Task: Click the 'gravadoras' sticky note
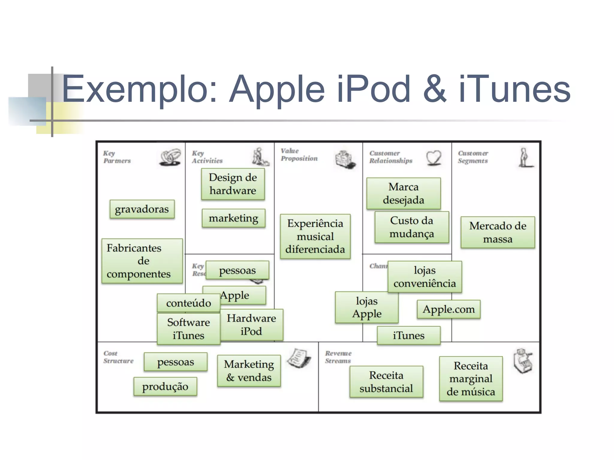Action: pyautogui.click(x=142, y=209)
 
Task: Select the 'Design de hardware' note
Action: pyautogui.click(x=233, y=184)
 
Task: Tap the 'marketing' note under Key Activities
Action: pyautogui.click(x=234, y=218)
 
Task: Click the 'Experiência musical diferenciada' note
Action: pyautogui.click(x=315, y=236)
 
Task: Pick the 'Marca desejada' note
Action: pyautogui.click(x=403, y=193)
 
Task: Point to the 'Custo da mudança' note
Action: pyautogui.click(x=412, y=227)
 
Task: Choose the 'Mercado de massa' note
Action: pyautogui.click(x=498, y=232)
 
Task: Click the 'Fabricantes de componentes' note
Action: pyautogui.click(x=142, y=261)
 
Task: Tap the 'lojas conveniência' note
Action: pyautogui.click(x=425, y=277)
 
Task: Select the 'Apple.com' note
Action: pyautogui.click(x=449, y=309)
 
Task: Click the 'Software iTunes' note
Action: pyautogui.click(x=188, y=329)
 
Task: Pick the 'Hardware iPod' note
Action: pyautogui.click(x=251, y=325)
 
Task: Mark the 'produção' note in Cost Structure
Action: pyautogui.click(x=165, y=386)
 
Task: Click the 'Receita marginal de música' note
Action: pyautogui.click(x=471, y=378)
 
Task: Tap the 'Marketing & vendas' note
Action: pyautogui.click(x=249, y=371)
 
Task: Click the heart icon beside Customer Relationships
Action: pyautogui.click(x=434, y=158)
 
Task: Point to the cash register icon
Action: pyautogui.click(x=523, y=361)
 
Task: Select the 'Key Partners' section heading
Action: pyautogui.click(x=117, y=157)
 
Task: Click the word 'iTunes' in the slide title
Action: pyautogui.click(x=514, y=89)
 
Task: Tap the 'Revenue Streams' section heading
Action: pyautogui.click(x=338, y=357)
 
